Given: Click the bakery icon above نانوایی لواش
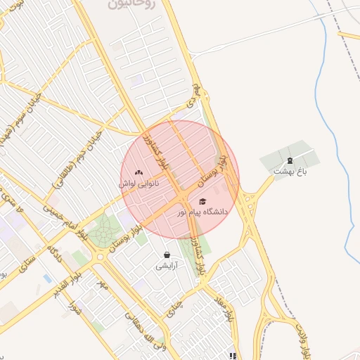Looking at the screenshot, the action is tap(139, 172).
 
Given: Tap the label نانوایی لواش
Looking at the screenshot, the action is tap(139, 184).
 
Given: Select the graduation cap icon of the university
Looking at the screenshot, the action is tap(202, 202).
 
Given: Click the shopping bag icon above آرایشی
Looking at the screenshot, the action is tap(167, 255).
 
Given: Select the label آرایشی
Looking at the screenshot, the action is tap(167, 266).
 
